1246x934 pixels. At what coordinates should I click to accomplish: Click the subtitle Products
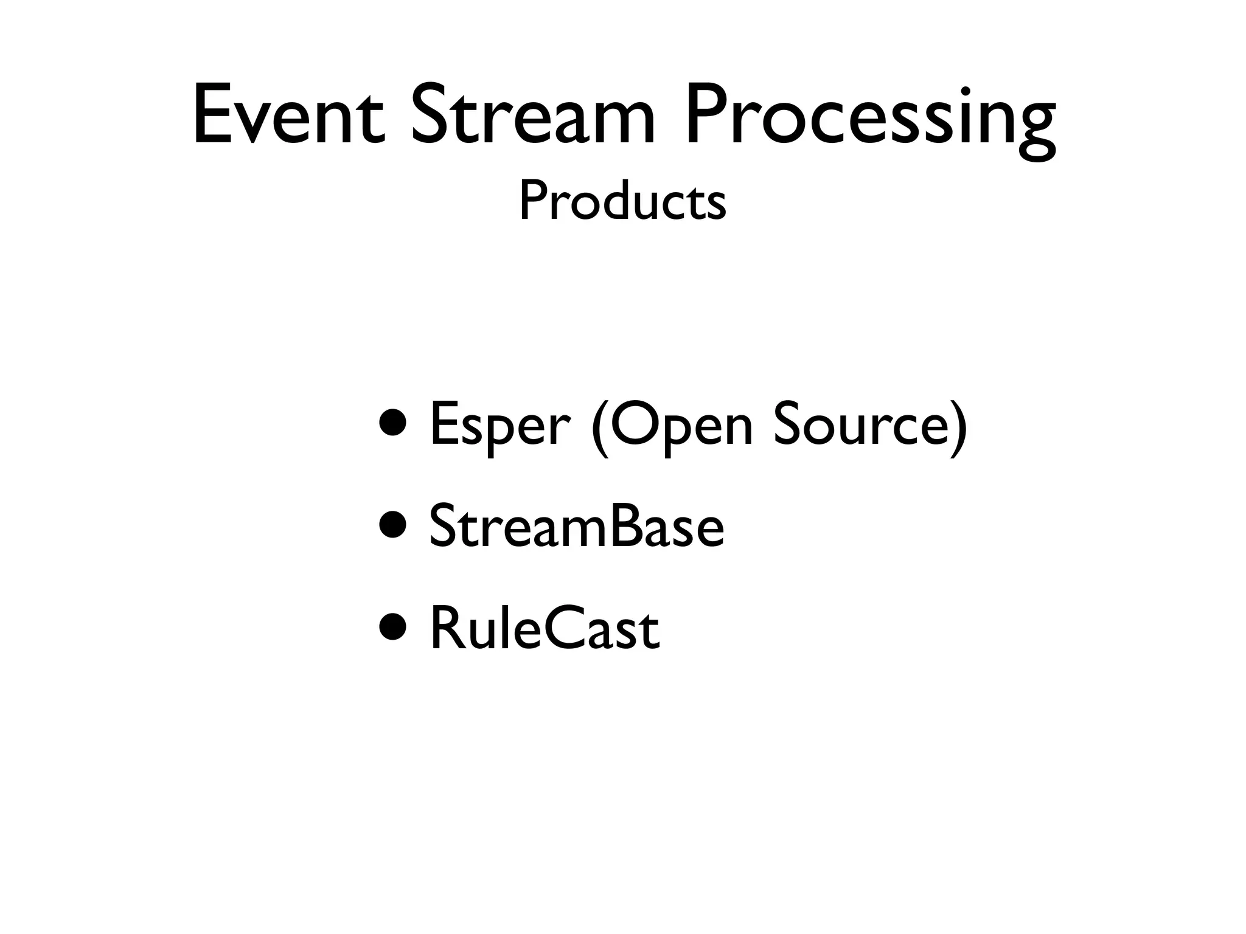pyautogui.click(x=622, y=202)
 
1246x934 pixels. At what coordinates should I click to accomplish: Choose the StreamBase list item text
pyautogui.click(x=576, y=527)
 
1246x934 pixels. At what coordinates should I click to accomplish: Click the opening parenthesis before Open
pyautogui.click(x=599, y=428)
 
